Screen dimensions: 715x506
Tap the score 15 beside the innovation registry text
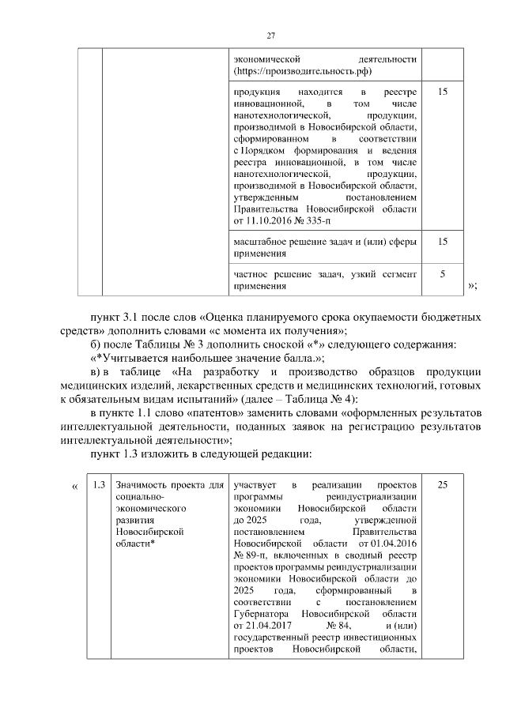(443, 92)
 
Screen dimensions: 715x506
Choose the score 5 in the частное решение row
(443, 273)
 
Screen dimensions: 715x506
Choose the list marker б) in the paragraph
(96, 344)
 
